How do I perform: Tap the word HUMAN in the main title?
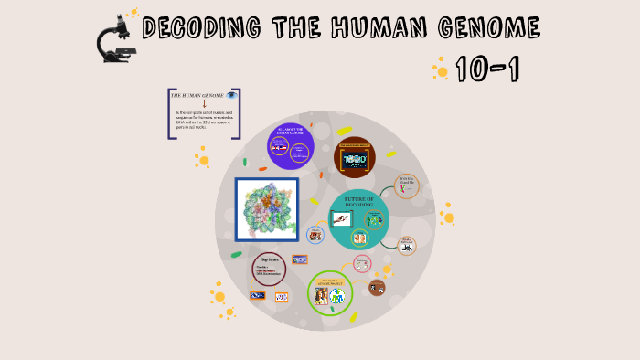tap(359, 28)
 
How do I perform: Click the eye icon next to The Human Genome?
tap(232, 95)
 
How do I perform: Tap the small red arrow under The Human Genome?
tap(205, 103)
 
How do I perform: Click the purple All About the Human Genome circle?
tap(291, 145)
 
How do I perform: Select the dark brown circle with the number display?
tap(355, 157)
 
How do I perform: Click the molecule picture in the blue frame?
tap(267, 209)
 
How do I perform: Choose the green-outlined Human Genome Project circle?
tap(330, 293)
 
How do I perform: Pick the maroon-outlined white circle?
tap(269, 269)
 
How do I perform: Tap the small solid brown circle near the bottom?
tap(377, 288)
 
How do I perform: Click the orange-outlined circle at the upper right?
tap(408, 185)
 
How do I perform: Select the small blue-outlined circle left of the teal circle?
tap(315, 235)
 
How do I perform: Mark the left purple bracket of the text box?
tap(171, 114)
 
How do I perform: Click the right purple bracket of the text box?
tap(238, 114)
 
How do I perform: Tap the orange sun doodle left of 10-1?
tap(442, 69)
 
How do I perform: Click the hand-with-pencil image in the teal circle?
tap(341, 218)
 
